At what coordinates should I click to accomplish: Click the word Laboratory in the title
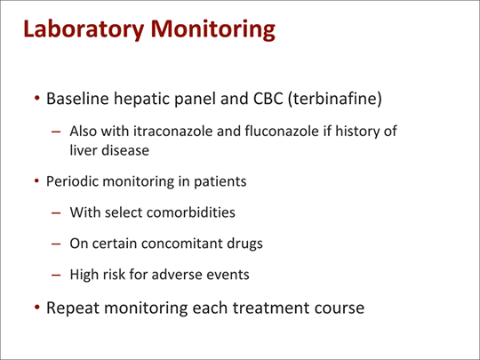(84, 29)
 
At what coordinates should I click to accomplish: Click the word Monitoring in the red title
(212, 29)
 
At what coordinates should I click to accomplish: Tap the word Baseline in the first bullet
(77, 99)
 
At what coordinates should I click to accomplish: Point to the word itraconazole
(172, 131)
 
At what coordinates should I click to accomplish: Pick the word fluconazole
(282, 131)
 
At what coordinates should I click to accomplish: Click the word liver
(84, 150)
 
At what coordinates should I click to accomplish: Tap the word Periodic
(72, 181)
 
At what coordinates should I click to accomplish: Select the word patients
(220, 181)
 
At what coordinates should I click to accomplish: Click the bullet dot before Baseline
(37, 99)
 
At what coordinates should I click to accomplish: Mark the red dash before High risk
(56, 275)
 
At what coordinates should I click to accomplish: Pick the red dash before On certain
(56, 244)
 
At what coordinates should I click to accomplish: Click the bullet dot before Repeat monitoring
(37, 307)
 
